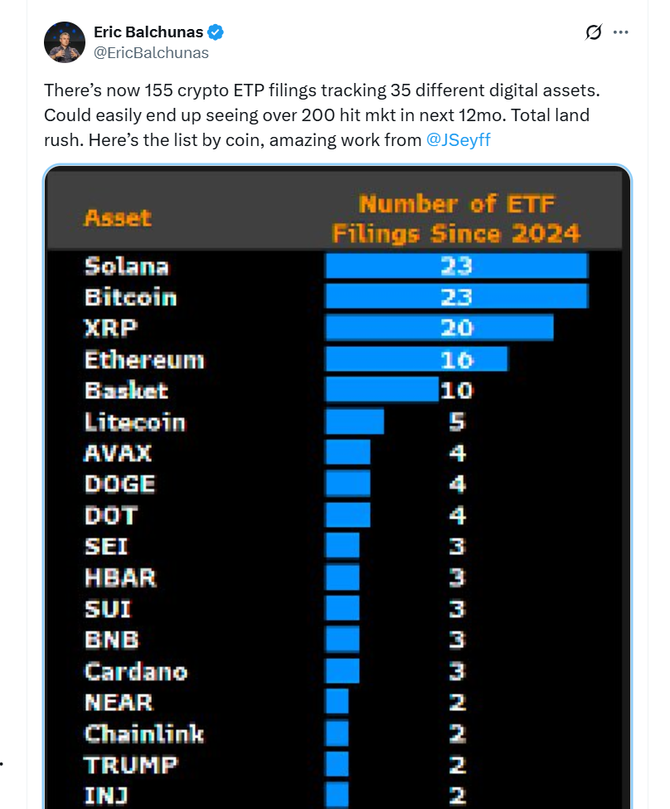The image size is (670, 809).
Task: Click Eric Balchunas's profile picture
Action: (x=64, y=42)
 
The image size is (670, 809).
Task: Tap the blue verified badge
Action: (x=216, y=33)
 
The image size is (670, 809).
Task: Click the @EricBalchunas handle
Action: (x=151, y=52)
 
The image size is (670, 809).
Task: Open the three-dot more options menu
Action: (x=620, y=32)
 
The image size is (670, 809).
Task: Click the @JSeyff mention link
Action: (x=458, y=139)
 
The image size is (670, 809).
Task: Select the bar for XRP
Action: (x=439, y=328)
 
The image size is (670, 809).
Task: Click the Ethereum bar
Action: (x=416, y=359)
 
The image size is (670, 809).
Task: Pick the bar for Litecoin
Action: (x=354, y=422)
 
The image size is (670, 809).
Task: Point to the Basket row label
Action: (x=126, y=391)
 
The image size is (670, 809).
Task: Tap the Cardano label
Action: (x=136, y=671)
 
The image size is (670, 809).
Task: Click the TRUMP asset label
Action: (x=131, y=764)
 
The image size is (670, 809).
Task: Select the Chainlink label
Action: (x=143, y=733)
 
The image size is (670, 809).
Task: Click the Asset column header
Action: (x=118, y=218)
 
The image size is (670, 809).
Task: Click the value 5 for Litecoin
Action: (x=457, y=422)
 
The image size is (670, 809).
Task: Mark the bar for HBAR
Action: (x=342, y=578)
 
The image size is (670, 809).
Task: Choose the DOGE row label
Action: (x=119, y=484)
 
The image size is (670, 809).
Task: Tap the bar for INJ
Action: (x=337, y=795)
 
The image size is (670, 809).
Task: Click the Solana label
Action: (x=126, y=266)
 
